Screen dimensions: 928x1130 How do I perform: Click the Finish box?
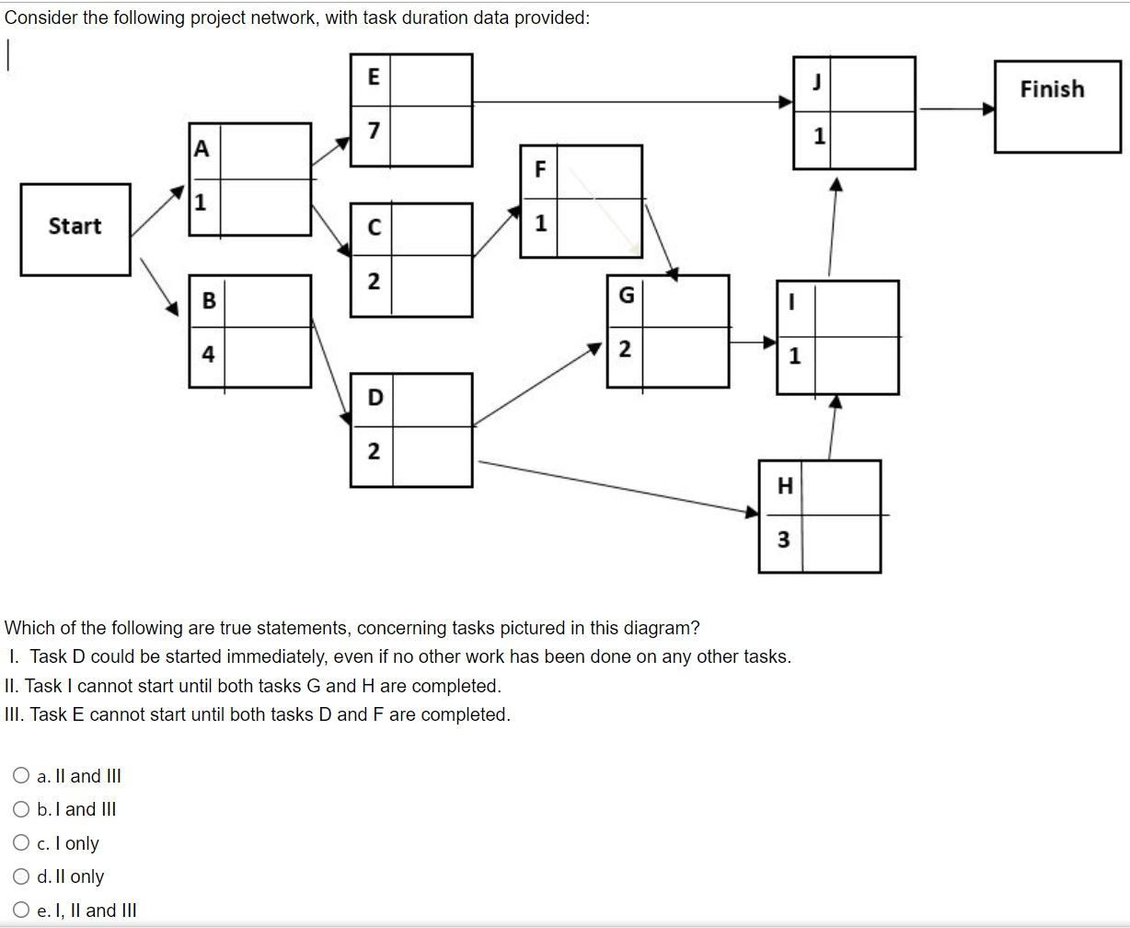(1056, 106)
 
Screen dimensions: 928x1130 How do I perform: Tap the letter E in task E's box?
(374, 77)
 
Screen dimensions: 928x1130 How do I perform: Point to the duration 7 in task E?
(373, 132)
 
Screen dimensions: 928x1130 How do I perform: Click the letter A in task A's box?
(202, 149)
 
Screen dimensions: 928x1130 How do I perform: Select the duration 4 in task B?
(208, 354)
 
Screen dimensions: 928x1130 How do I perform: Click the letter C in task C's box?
(374, 227)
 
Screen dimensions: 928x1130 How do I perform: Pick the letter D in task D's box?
(375, 398)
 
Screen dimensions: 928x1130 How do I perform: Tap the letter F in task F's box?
(540, 169)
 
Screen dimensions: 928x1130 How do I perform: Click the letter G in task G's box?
(626, 296)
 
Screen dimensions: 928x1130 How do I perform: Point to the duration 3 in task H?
(783, 539)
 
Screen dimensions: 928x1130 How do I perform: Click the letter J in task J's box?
(816, 82)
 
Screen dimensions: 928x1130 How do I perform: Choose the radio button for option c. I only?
(21, 842)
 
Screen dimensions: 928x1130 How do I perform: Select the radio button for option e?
(21, 910)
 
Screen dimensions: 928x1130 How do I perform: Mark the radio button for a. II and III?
(21, 775)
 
